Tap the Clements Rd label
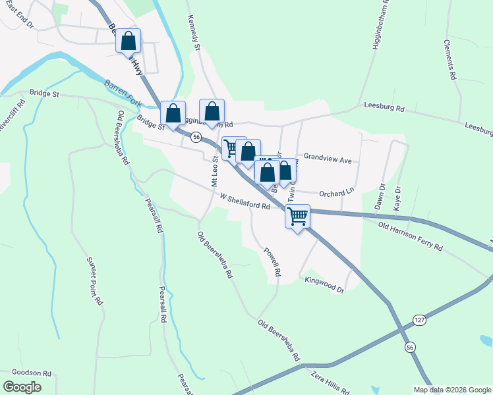coord(449,59)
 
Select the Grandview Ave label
coord(328,159)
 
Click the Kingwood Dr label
coord(324,284)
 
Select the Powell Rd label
coord(272,262)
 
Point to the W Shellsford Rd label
coord(245,201)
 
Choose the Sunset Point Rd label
coord(94,280)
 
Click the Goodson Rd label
coord(27,373)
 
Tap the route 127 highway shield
coord(420,319)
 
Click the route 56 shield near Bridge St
coord(196,138)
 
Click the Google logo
coord(22,386)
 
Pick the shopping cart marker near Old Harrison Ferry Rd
coord(298,216)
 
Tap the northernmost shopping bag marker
coord(129,41)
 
